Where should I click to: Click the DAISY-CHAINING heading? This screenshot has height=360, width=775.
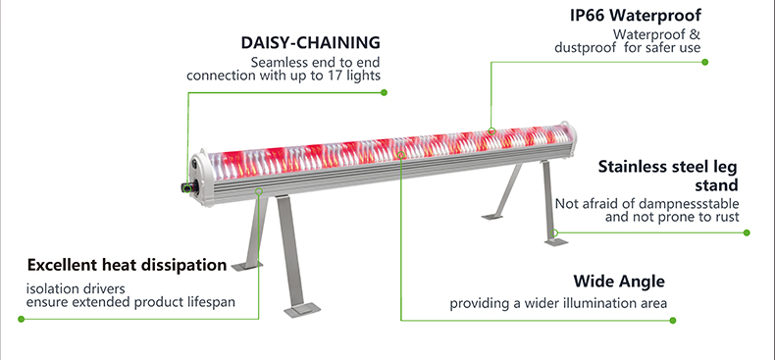coord(310,42)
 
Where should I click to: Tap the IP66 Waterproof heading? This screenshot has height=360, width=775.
coord(636,16)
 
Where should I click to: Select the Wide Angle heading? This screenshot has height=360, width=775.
coord(619,282)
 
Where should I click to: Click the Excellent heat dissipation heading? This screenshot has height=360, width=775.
coord(127,265)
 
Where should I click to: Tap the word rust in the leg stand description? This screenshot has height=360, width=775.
coord(728,217)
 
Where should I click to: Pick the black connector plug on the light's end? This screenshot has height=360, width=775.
coord(187,187)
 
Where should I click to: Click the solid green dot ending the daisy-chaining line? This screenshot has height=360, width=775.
coord(384,92)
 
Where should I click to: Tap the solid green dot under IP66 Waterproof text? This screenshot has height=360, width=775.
coord(704,62)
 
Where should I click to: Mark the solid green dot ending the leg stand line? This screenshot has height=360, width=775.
coord(747,232)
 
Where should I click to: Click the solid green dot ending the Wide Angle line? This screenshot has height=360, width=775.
coord(672,321)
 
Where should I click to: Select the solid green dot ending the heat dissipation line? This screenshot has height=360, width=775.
coord(21,319)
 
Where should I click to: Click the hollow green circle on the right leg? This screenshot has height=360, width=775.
coord(554,232)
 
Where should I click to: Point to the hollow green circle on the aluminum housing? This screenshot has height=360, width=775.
coord(259,191)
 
